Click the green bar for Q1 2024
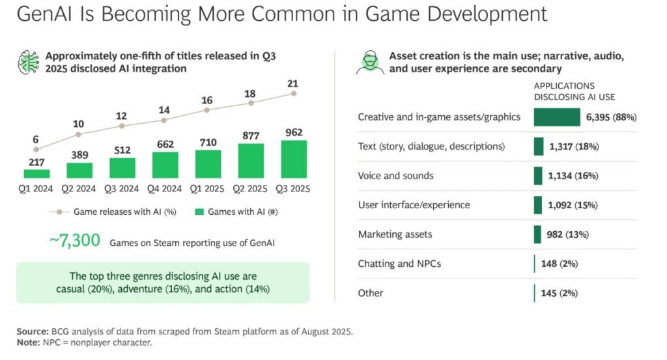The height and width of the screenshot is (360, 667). (x=36, y=173)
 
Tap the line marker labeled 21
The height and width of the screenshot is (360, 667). (x=294, y=93)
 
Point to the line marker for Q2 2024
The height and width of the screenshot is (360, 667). (x=79, y=135)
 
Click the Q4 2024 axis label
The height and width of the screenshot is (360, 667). (x=165, y=189)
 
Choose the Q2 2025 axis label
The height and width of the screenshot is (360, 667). (x=251, y=189)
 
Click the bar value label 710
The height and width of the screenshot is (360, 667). (x=208, y=141)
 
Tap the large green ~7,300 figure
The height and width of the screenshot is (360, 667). (x=75, y=241)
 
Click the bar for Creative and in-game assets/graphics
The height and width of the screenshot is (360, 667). (x=556, y=117)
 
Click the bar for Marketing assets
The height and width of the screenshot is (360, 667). (x=537, y=234)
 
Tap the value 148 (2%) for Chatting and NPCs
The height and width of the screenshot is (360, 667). (x=560, y=264)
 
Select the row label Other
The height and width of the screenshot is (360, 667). (x=371, y=293)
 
